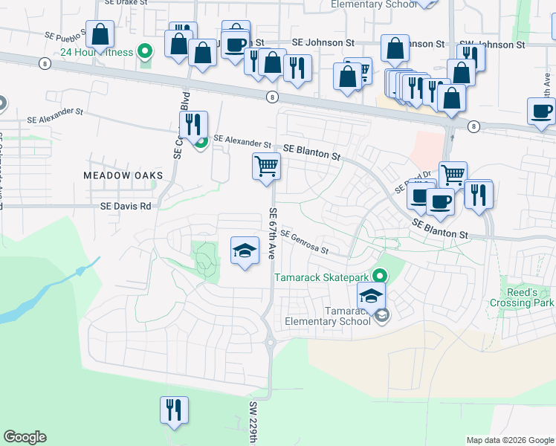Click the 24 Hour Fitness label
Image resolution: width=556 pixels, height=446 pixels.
pyautogui.click(x=97, y=53)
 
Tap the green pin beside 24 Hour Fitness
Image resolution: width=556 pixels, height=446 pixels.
pyautogui.click(x=146, y=52)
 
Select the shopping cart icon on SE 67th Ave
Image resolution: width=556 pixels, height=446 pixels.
pyautogui.click(x=266, y=167)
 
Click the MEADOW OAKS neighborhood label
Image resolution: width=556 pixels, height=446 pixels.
pyautogui.click(x=123, y=175)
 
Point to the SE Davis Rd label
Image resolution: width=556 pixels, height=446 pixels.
pyautogui.click(x=126, y=206)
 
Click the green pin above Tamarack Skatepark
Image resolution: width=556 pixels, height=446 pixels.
pyautogui.click(x=379, y=276)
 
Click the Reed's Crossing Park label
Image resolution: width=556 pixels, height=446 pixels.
pyautogui.click(x=522, y=297)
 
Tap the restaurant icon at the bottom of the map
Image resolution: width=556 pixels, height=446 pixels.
pyautogui.click(x=174, y=410)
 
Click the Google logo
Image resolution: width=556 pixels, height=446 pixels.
pyautogui.click(x=25, y=437)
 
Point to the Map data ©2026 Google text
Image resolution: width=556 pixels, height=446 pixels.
pyautogui.click(x=510, y=440)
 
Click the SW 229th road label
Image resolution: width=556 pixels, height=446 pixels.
pyautogui.click(x=253, y=422)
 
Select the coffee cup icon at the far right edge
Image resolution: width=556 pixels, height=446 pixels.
pyautogui.click(x=540, y=111)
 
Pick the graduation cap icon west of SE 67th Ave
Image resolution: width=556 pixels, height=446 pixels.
pyautogui.click(x=244, y=251)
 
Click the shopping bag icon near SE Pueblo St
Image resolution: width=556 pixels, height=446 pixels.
pyautogui.click(x=99, y=34)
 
